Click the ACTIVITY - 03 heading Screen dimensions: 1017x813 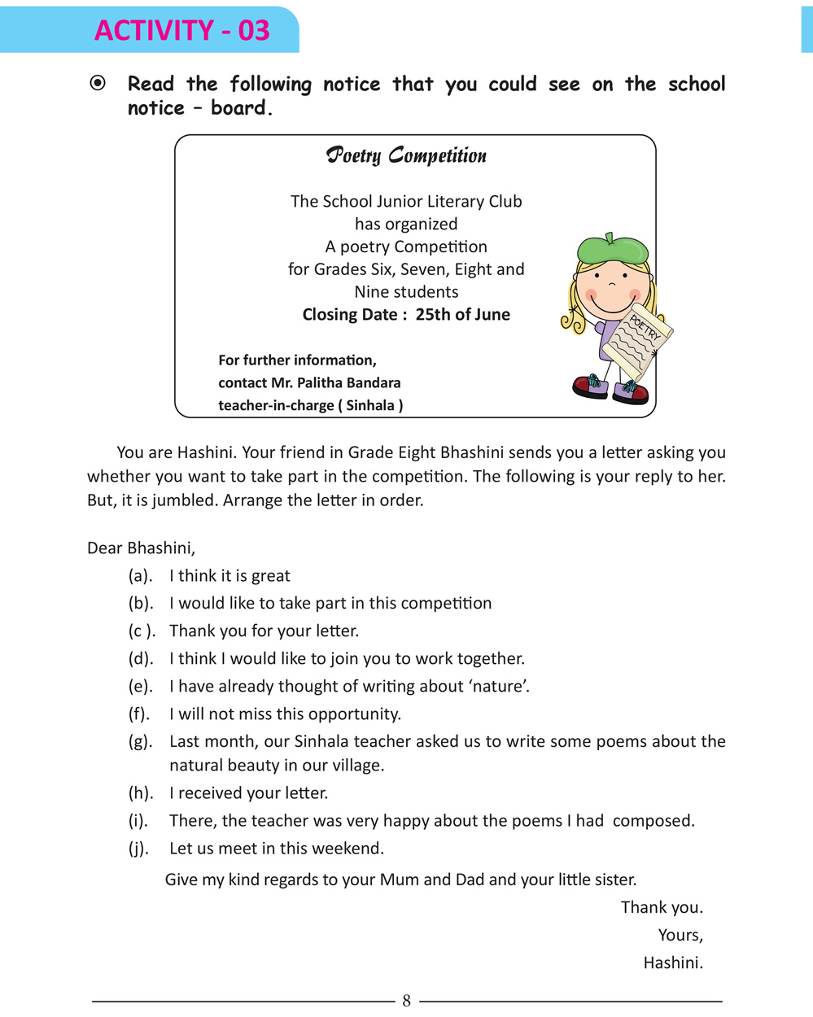click(181, 30)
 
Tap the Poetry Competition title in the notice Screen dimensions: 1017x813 click(406, 155)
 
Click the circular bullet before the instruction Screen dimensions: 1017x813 click(98, 83)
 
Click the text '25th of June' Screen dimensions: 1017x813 click(462, 315)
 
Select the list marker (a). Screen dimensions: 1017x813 click(140, 576)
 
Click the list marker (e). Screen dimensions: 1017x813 click(140, 687)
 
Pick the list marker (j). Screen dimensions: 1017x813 click(138, 849)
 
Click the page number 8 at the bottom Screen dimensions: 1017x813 click(406, 1002)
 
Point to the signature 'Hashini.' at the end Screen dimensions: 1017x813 click(673, 963)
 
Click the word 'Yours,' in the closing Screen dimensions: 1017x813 click(680, 936)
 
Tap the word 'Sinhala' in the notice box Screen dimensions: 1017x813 click(369, 405)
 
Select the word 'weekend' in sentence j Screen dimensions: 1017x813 click(350, 849)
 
